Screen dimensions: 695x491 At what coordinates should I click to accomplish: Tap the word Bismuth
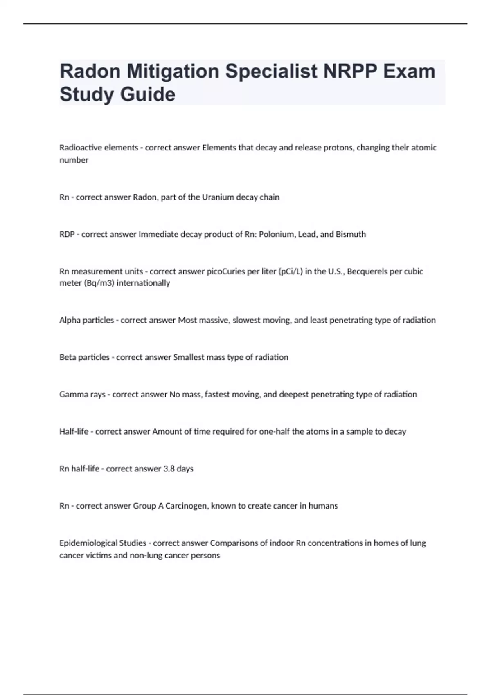tap(351, 234)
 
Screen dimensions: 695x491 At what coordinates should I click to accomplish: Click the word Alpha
tap(69, 320)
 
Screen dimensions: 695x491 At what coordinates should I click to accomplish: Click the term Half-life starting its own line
tap(74, 432)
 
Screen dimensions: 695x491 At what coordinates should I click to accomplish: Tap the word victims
tap(100, 556)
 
